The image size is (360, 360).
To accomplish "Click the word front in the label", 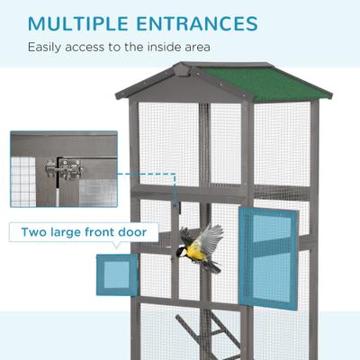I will click(x=112, y=233).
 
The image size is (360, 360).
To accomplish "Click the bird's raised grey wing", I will click(x=208, y=238).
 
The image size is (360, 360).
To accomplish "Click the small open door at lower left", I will click(x=117, y=274).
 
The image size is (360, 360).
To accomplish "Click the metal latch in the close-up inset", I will click(x=66, y=168).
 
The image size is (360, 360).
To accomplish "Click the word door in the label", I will click(x=139, y=233).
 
